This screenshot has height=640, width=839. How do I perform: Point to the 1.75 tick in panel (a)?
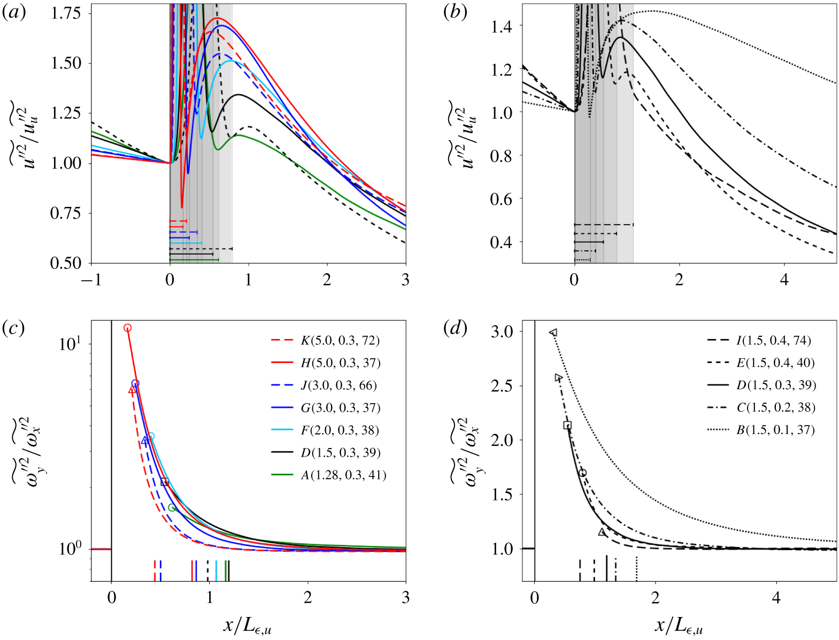[x=66, y=13]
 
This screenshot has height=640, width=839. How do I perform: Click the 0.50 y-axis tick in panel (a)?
[x=66, y=263]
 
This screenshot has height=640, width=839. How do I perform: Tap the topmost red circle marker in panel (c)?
[x=127, y=328]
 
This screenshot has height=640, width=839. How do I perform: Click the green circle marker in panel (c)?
[x=172, y=507]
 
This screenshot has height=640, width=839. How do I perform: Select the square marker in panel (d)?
[x=567, y=425]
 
